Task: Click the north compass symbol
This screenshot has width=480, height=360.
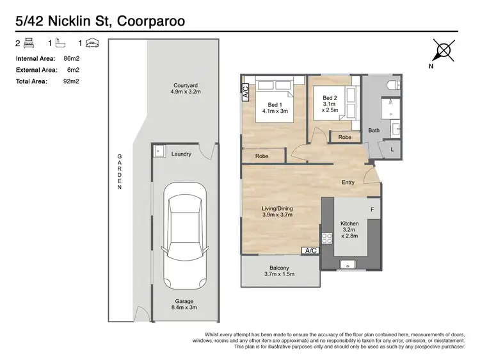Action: coord(444,50)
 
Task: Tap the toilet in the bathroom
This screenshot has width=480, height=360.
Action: coord(394,85)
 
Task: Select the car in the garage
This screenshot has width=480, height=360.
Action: coord(185,236)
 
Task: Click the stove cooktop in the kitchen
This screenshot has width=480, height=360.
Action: coord(326,238)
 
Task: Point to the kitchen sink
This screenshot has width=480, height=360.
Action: coord(348,265)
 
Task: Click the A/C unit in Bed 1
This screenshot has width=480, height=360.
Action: coord(246,92)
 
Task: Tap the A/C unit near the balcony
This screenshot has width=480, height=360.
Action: coord(310,250)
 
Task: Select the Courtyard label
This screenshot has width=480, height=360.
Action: coord(186,85)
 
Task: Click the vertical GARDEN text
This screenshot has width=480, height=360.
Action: coord(120,172)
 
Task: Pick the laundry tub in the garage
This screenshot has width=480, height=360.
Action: coord(159,151)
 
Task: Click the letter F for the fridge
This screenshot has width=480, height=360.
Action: coord(372,210)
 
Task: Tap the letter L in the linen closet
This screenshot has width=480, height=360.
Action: coord(392,149)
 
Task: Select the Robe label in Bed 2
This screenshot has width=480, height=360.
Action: coord(345,137)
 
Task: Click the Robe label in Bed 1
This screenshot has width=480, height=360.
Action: coord(262,156)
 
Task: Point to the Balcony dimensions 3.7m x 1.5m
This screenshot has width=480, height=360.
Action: coord(279,274)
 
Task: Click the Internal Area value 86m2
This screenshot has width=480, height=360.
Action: coord(72,58)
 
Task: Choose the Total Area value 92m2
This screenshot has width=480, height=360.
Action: coord(71,81)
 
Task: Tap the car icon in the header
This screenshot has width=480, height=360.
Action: coord(92,43)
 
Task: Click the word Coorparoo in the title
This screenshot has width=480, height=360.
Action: coord(151,21)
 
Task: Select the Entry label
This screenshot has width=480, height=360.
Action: coord(348,183)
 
